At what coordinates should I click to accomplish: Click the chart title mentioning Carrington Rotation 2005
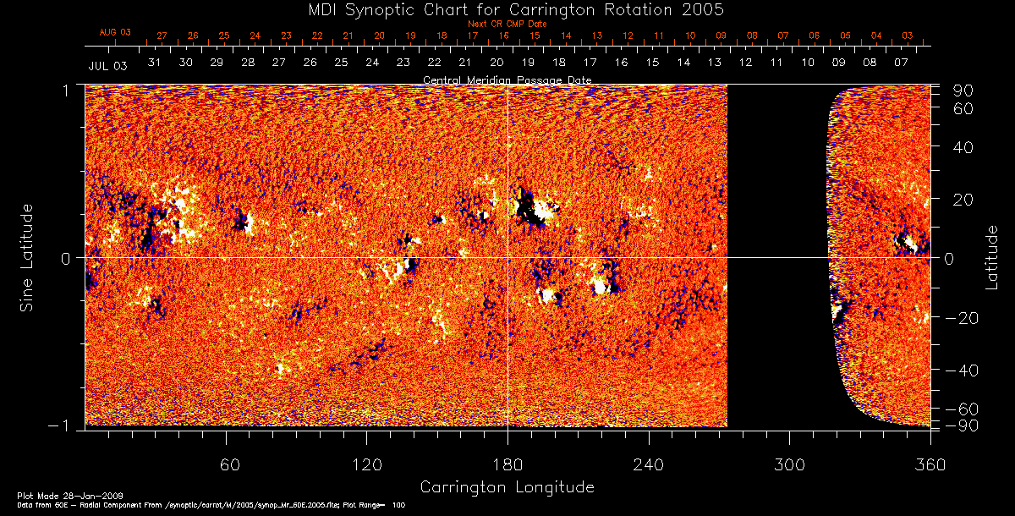click(507, 9)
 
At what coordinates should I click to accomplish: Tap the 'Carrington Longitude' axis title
click(507, 487)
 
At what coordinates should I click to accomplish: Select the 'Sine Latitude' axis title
click(27, 257)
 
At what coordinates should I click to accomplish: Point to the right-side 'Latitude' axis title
click(991, 257)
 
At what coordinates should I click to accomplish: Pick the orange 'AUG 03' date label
click(115, 32)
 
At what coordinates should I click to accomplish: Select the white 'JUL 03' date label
click(107, 65)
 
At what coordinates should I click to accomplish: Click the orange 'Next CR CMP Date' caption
click(507, 25)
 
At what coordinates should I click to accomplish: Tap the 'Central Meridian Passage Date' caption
click(507, 80)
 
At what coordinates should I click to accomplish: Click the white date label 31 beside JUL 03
click(154, 63)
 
